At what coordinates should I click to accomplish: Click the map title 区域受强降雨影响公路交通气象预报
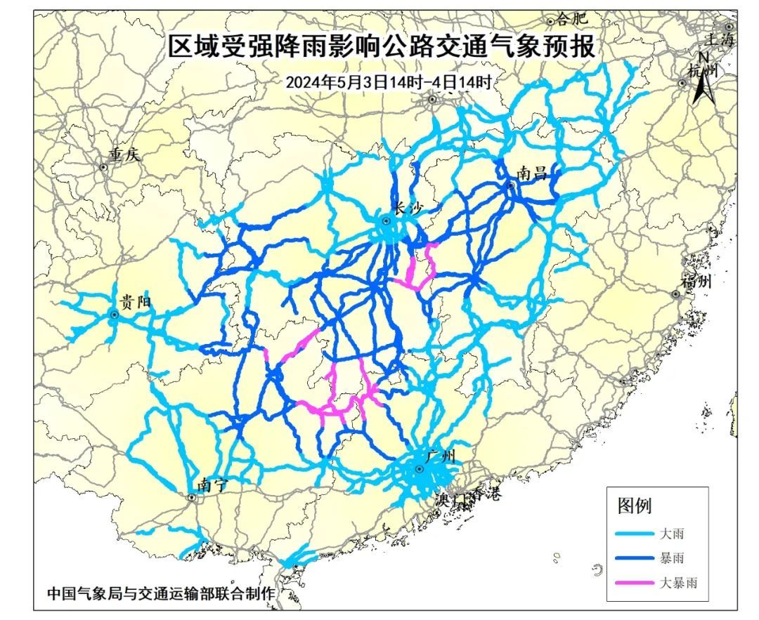pyautogui.click(x=382, y=47)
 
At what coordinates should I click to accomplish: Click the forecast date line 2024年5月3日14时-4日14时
pyautogui.click(x=388, y=81)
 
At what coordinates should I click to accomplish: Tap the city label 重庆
pyautogui.click(x=124, y=155)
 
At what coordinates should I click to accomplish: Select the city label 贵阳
pyautogui.click(x=136, y=303)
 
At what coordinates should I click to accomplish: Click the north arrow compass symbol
pyautogui.click(x=703, y=81)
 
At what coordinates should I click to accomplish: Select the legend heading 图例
pyautogui.click(x=635, y=506)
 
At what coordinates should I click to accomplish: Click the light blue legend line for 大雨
pyautogui.click(x=634, y=534)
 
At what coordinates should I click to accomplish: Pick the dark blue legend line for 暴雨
pyautogui.click(x=634, y=558)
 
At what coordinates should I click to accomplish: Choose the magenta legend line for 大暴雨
pyautogui.click(x=634, y=583)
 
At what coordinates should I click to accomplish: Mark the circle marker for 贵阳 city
pyautogui.click(x=113, y=315)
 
